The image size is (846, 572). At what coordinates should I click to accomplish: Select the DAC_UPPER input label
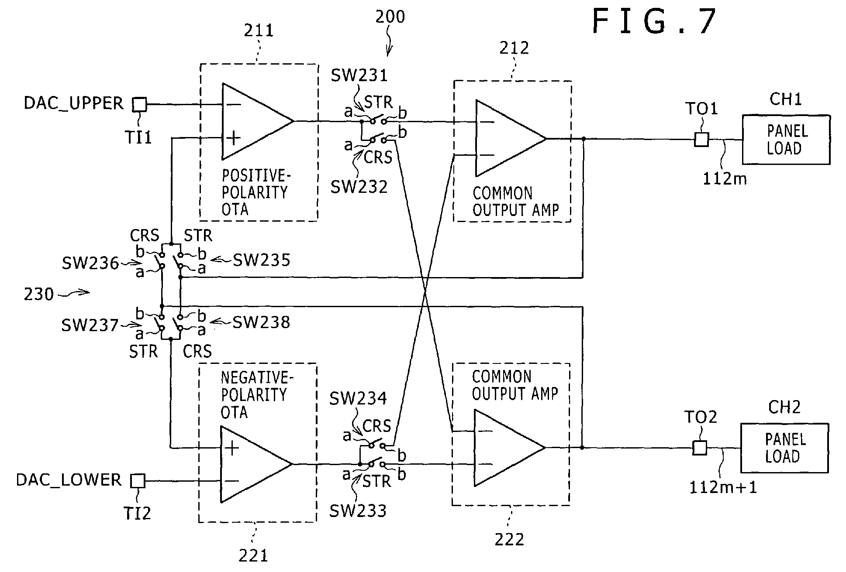coord(73,103)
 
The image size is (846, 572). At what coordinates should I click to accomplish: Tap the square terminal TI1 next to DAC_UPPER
coord(139,105)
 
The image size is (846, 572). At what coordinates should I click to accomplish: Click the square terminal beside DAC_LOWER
coord(138,481)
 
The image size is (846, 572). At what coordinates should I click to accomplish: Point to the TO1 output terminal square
coord(701,139)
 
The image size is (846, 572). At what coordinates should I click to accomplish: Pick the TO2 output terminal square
coord(700,448)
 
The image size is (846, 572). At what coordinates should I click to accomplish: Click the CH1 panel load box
coord(786,140)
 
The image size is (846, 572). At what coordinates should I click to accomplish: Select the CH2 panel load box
coord(784,448)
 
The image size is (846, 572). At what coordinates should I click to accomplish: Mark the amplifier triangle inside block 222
coord(510,448)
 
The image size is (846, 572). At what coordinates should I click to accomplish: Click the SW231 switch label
coord(359,75)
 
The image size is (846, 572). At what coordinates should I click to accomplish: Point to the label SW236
coord(90,263)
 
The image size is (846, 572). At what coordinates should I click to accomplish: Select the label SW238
coord(261,322)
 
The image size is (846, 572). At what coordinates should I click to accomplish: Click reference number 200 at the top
coord(390,17)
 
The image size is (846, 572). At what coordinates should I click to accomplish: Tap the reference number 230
coord(39,294)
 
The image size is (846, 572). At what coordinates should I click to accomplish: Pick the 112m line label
coord(725,178)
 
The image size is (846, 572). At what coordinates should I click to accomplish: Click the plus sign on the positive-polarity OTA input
coord(234,138)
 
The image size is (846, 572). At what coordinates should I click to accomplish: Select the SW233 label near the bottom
coord(358,511)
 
